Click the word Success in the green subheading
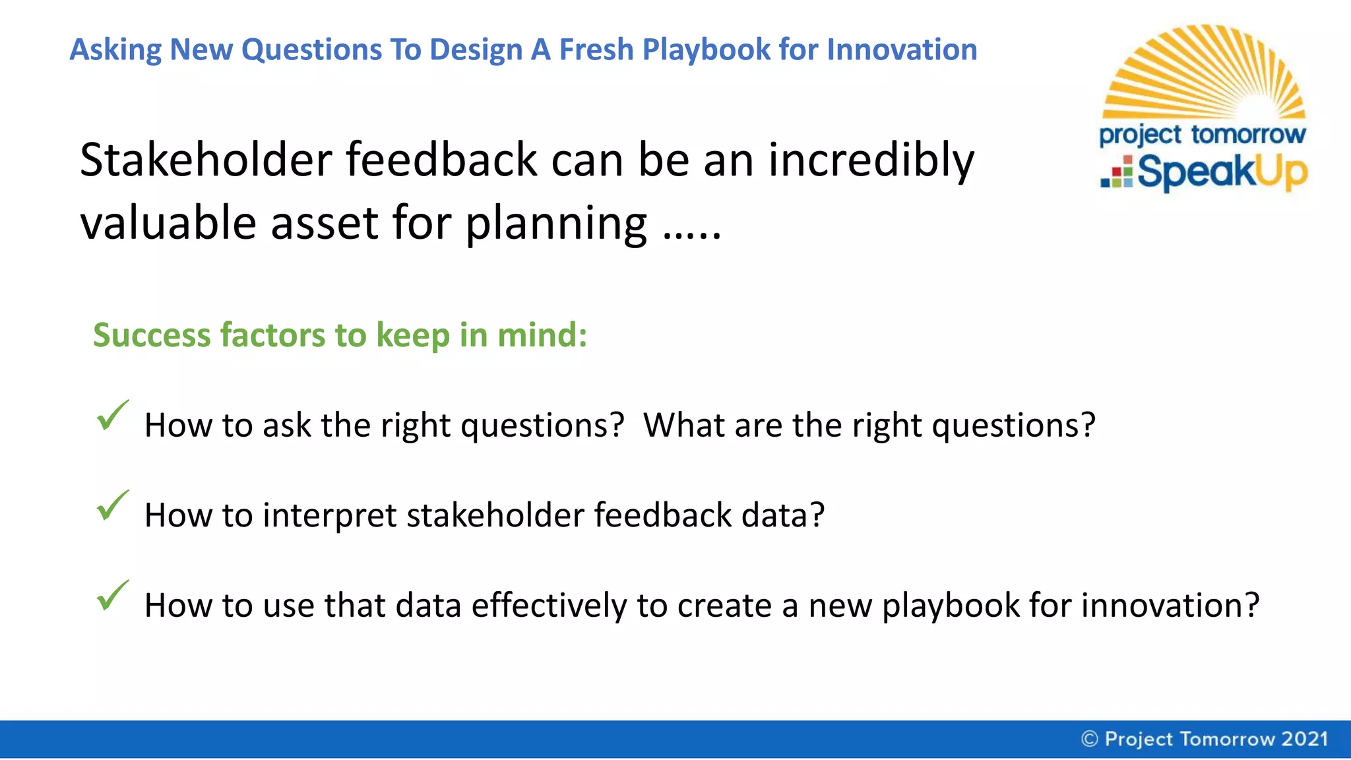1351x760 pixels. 152,335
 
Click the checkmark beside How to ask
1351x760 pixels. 112,416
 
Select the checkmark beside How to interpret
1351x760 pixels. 112,506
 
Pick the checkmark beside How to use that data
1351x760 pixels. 112,596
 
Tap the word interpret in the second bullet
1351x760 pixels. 329,515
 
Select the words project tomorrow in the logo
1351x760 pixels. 1202,135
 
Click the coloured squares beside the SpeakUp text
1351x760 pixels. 1117,172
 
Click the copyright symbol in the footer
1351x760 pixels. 1090,739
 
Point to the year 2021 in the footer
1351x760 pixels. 1304,739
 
